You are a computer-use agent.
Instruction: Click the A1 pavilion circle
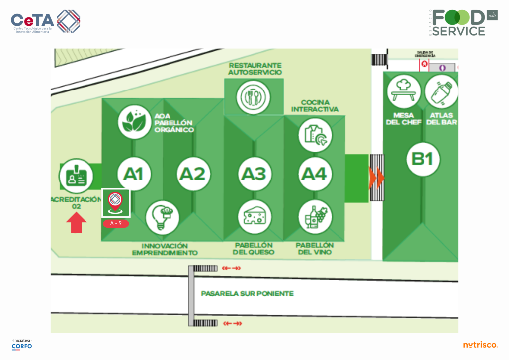(x=133, y=174)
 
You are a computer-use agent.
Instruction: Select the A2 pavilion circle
(x=192, y=174)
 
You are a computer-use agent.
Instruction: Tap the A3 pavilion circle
(x=254, y=174)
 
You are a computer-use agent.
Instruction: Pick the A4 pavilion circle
(x=315, y=174)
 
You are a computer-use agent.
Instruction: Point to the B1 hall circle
(x=423, y=159)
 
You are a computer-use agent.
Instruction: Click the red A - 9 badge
(x=116, y=224)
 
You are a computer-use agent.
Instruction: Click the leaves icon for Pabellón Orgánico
(x=135, y=122)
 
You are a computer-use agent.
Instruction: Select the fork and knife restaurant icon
(x=254, y=96)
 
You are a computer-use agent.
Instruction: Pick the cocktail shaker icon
(x=441, y=91)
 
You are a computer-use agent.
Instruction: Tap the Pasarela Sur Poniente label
(x=247, y=294)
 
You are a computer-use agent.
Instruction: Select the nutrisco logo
(x=480, y=345)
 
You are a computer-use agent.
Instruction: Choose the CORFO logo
(x=22, y=344)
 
